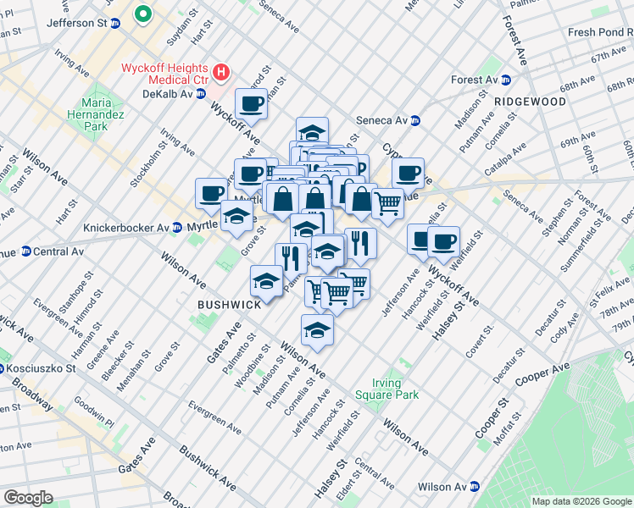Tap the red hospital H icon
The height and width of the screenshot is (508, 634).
click(220, 72)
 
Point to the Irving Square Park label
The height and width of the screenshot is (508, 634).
click(395, 389)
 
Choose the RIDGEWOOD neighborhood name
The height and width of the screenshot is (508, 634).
click(531, 102)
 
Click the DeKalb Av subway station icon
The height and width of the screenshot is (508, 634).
click(201, 93)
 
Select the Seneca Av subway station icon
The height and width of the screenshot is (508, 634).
click(414, 119)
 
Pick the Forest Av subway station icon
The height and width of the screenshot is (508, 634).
click(506, 80)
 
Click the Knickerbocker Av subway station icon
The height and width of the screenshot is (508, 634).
click(176, 228)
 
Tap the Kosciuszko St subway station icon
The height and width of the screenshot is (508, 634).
click(3, 368)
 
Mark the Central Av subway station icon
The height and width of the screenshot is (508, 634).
click(25, 251)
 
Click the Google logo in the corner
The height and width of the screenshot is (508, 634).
click(28, 498)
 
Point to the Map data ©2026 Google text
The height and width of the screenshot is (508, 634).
click(581, 501)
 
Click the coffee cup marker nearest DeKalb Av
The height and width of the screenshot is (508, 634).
click(251, 104)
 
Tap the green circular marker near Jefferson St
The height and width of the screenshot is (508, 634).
click(143, 14)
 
